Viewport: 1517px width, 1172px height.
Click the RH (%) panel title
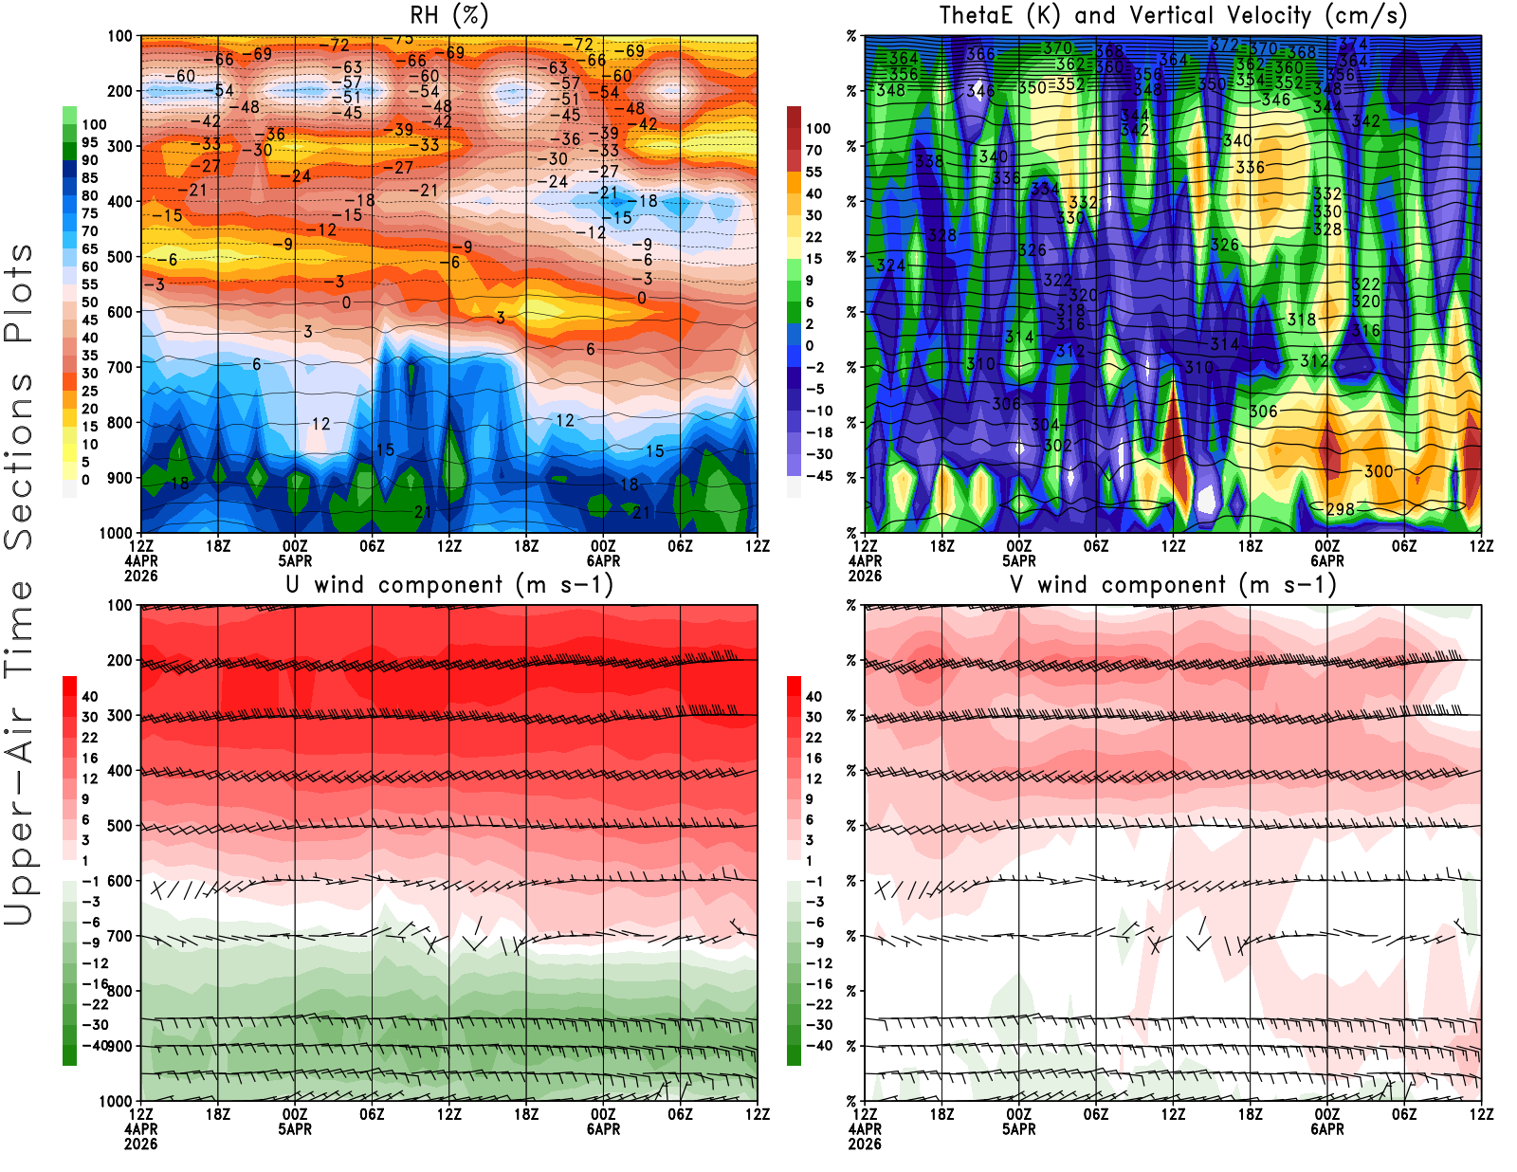point(448,16)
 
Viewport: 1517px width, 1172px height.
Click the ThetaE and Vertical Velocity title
point(1173,16)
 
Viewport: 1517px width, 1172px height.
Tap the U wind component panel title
point(449,585)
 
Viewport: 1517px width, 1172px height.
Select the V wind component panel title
point(1173,585)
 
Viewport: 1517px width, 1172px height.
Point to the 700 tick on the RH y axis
point(120,367)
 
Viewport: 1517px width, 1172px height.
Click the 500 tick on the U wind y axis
point(120,826)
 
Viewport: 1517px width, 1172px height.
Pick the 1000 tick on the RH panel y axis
point(116,533)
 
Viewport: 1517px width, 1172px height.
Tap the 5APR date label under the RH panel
point(295,560)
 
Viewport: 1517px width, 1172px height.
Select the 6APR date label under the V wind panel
point(1327,1129)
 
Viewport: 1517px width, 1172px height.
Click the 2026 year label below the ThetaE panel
point(865,576)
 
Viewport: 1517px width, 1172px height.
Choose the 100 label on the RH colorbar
point(94,125)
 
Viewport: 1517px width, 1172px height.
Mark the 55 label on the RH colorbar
point(89,284)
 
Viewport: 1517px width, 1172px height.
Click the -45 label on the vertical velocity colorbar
point(819,476)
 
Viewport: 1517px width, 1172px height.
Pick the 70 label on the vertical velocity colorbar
point(813,150)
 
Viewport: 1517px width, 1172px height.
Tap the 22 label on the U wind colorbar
point(89,738)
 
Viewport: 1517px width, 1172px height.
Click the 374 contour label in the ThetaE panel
point(1353,44)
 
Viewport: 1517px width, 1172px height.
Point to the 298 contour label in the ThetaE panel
point(1340,509)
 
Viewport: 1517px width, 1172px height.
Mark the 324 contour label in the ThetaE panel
point(890,266)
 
